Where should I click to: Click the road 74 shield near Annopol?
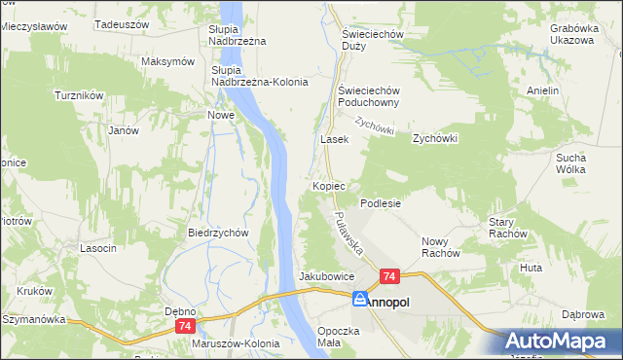point(388,277)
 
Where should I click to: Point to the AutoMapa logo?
point(564,342)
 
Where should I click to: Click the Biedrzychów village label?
point(219,233)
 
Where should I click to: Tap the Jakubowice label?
point(326,276)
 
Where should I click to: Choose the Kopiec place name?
point(330,185)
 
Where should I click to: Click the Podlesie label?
point(382,203)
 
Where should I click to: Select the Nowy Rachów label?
point(440,247)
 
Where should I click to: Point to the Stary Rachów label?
point(507,228)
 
